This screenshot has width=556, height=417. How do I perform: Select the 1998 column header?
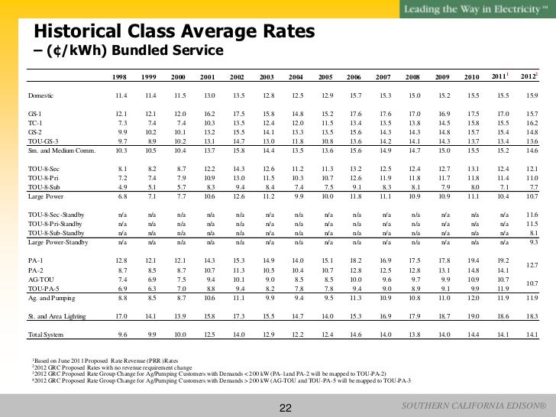click(119, 77)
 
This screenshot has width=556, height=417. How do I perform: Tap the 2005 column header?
click(325, 77)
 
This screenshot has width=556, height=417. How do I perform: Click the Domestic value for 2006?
click(354, 95)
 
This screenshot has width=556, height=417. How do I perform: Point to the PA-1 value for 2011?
click(501, 261)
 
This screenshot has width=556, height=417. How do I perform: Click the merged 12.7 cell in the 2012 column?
click(530, 266)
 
